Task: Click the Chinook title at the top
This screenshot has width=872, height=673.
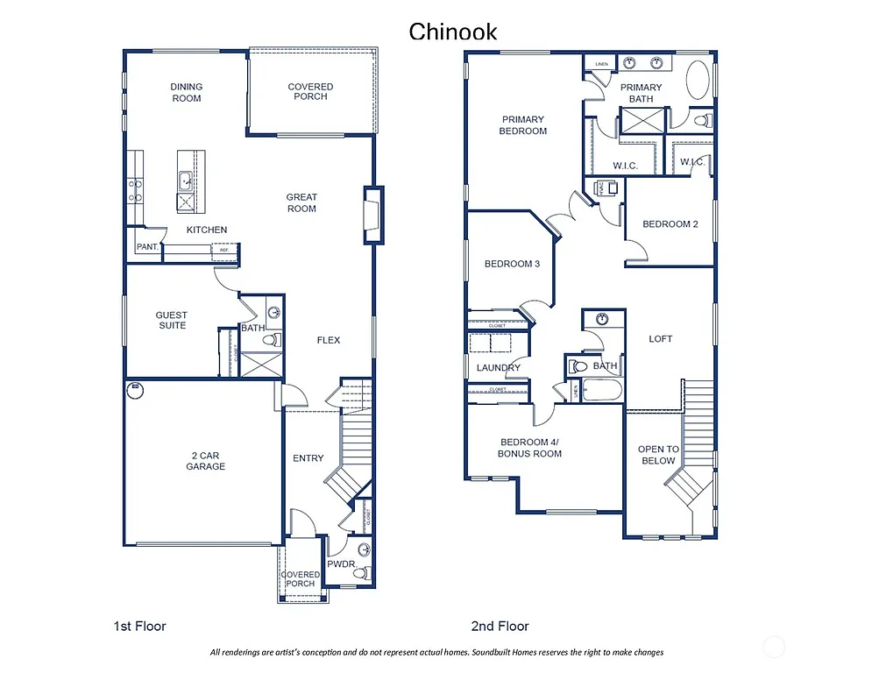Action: point(453,32)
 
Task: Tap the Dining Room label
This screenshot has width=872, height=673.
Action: point(186,92)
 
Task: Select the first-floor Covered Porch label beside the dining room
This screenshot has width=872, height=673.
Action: point(310,91)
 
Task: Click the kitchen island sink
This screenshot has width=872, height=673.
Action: point(187,181)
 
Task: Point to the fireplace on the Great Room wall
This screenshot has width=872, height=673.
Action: point(373,216)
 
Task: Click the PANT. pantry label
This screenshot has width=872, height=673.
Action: point(147,247)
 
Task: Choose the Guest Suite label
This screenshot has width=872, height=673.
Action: point(172,320)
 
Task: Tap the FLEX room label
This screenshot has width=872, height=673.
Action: point(328,340)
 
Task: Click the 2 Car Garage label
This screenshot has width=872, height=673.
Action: point(205,461)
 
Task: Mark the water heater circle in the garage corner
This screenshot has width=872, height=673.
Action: point(135,388)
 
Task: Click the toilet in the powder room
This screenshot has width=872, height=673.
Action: point(363,550)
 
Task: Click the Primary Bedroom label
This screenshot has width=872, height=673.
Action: point(523,124)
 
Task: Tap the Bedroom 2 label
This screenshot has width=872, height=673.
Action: point(670,224)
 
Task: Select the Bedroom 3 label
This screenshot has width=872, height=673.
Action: point(512,264)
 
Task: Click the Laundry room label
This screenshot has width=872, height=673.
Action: point(499,368)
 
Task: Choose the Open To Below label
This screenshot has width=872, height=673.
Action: point(657,455)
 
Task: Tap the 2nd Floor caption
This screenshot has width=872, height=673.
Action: point(500,626)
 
